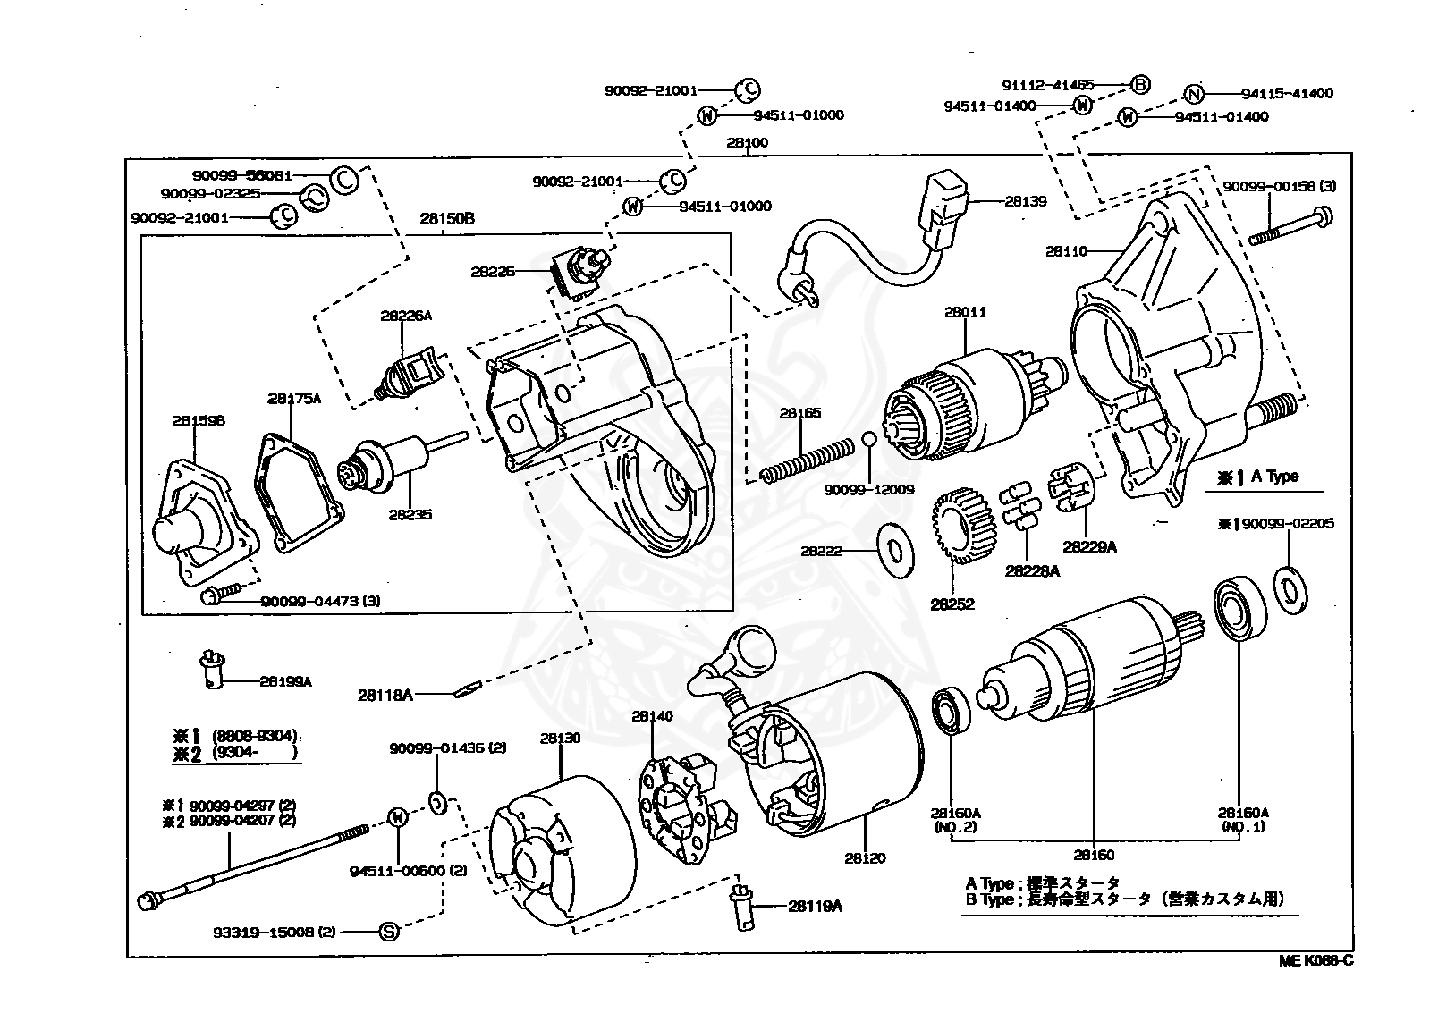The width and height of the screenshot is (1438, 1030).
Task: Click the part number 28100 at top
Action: tap(747, 143)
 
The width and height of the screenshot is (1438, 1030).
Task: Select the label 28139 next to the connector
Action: tap(1025, 202)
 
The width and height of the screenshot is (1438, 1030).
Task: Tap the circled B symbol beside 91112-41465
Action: tap(1139, 86)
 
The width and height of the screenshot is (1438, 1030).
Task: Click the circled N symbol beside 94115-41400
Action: tap(1193, 94)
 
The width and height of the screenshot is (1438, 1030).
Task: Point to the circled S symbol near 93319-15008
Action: tap(389, 932)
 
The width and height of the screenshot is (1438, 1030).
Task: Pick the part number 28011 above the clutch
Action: tap(965, 313)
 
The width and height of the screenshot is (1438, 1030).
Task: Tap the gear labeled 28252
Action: tap(953, 535)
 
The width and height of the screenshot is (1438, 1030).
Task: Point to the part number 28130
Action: tap(560, 739)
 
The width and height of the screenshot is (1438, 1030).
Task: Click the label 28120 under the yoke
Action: tap(864, 858)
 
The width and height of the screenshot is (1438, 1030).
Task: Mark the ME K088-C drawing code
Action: tap(1315, 960)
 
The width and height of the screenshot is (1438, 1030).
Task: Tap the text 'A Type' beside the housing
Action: tap(1274, 477)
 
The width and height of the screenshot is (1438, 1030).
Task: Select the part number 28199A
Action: tap(285, 681)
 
